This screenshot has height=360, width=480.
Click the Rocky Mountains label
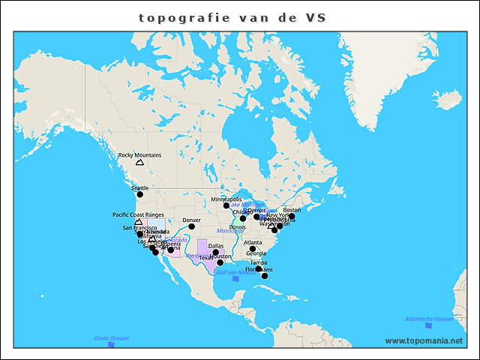[140, 155]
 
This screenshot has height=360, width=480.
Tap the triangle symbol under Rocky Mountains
[139, 163]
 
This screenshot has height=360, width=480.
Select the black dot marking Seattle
[139, 194]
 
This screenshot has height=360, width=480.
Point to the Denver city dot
[191, 226]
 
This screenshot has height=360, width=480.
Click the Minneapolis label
[226, 199]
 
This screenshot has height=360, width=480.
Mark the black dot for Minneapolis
[226, 205]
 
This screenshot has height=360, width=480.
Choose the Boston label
[292, 210]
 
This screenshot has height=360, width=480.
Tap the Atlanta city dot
[253, 249]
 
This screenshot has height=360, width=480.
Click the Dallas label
[216, 245]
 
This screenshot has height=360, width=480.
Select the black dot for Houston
[220, 262]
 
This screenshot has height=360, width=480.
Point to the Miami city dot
[264, 276]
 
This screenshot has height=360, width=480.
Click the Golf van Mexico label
[235, 272]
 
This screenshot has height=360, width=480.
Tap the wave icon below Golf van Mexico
[235, 279]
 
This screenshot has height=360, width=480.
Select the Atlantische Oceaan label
[428, 319]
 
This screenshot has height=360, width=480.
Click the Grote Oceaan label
[111, 338]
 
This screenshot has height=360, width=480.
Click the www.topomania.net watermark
[424, 340]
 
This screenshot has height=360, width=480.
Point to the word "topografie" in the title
[179, 16]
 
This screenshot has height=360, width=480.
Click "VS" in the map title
[316, 16]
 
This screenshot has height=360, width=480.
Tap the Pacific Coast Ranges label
[138, 214]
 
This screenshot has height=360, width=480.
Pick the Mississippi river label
[229, 231]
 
